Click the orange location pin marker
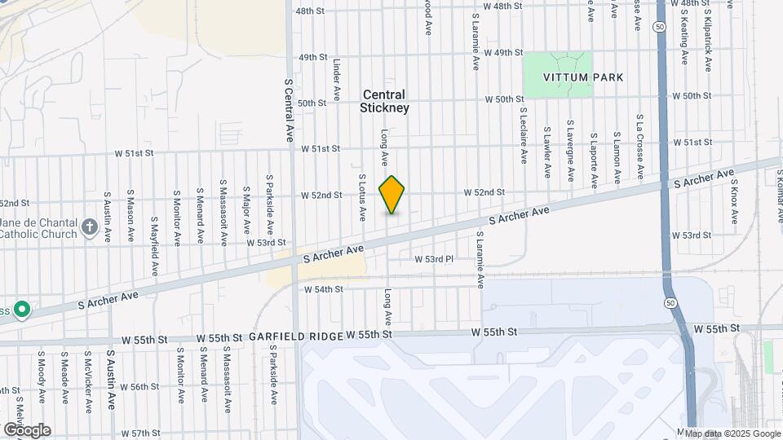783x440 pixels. tap(392, 195)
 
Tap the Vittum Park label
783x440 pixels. tap(584, 77)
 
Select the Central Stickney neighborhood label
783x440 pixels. tap(385, 101)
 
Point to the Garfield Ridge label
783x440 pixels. tap(294, 336)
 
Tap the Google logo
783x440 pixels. tap(26, 430)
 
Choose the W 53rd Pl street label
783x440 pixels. tap(433, 259)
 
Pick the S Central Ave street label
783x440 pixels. tap(288, 110)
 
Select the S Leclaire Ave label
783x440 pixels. tap(523, 138)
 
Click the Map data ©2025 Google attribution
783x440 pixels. tap(731, 433)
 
